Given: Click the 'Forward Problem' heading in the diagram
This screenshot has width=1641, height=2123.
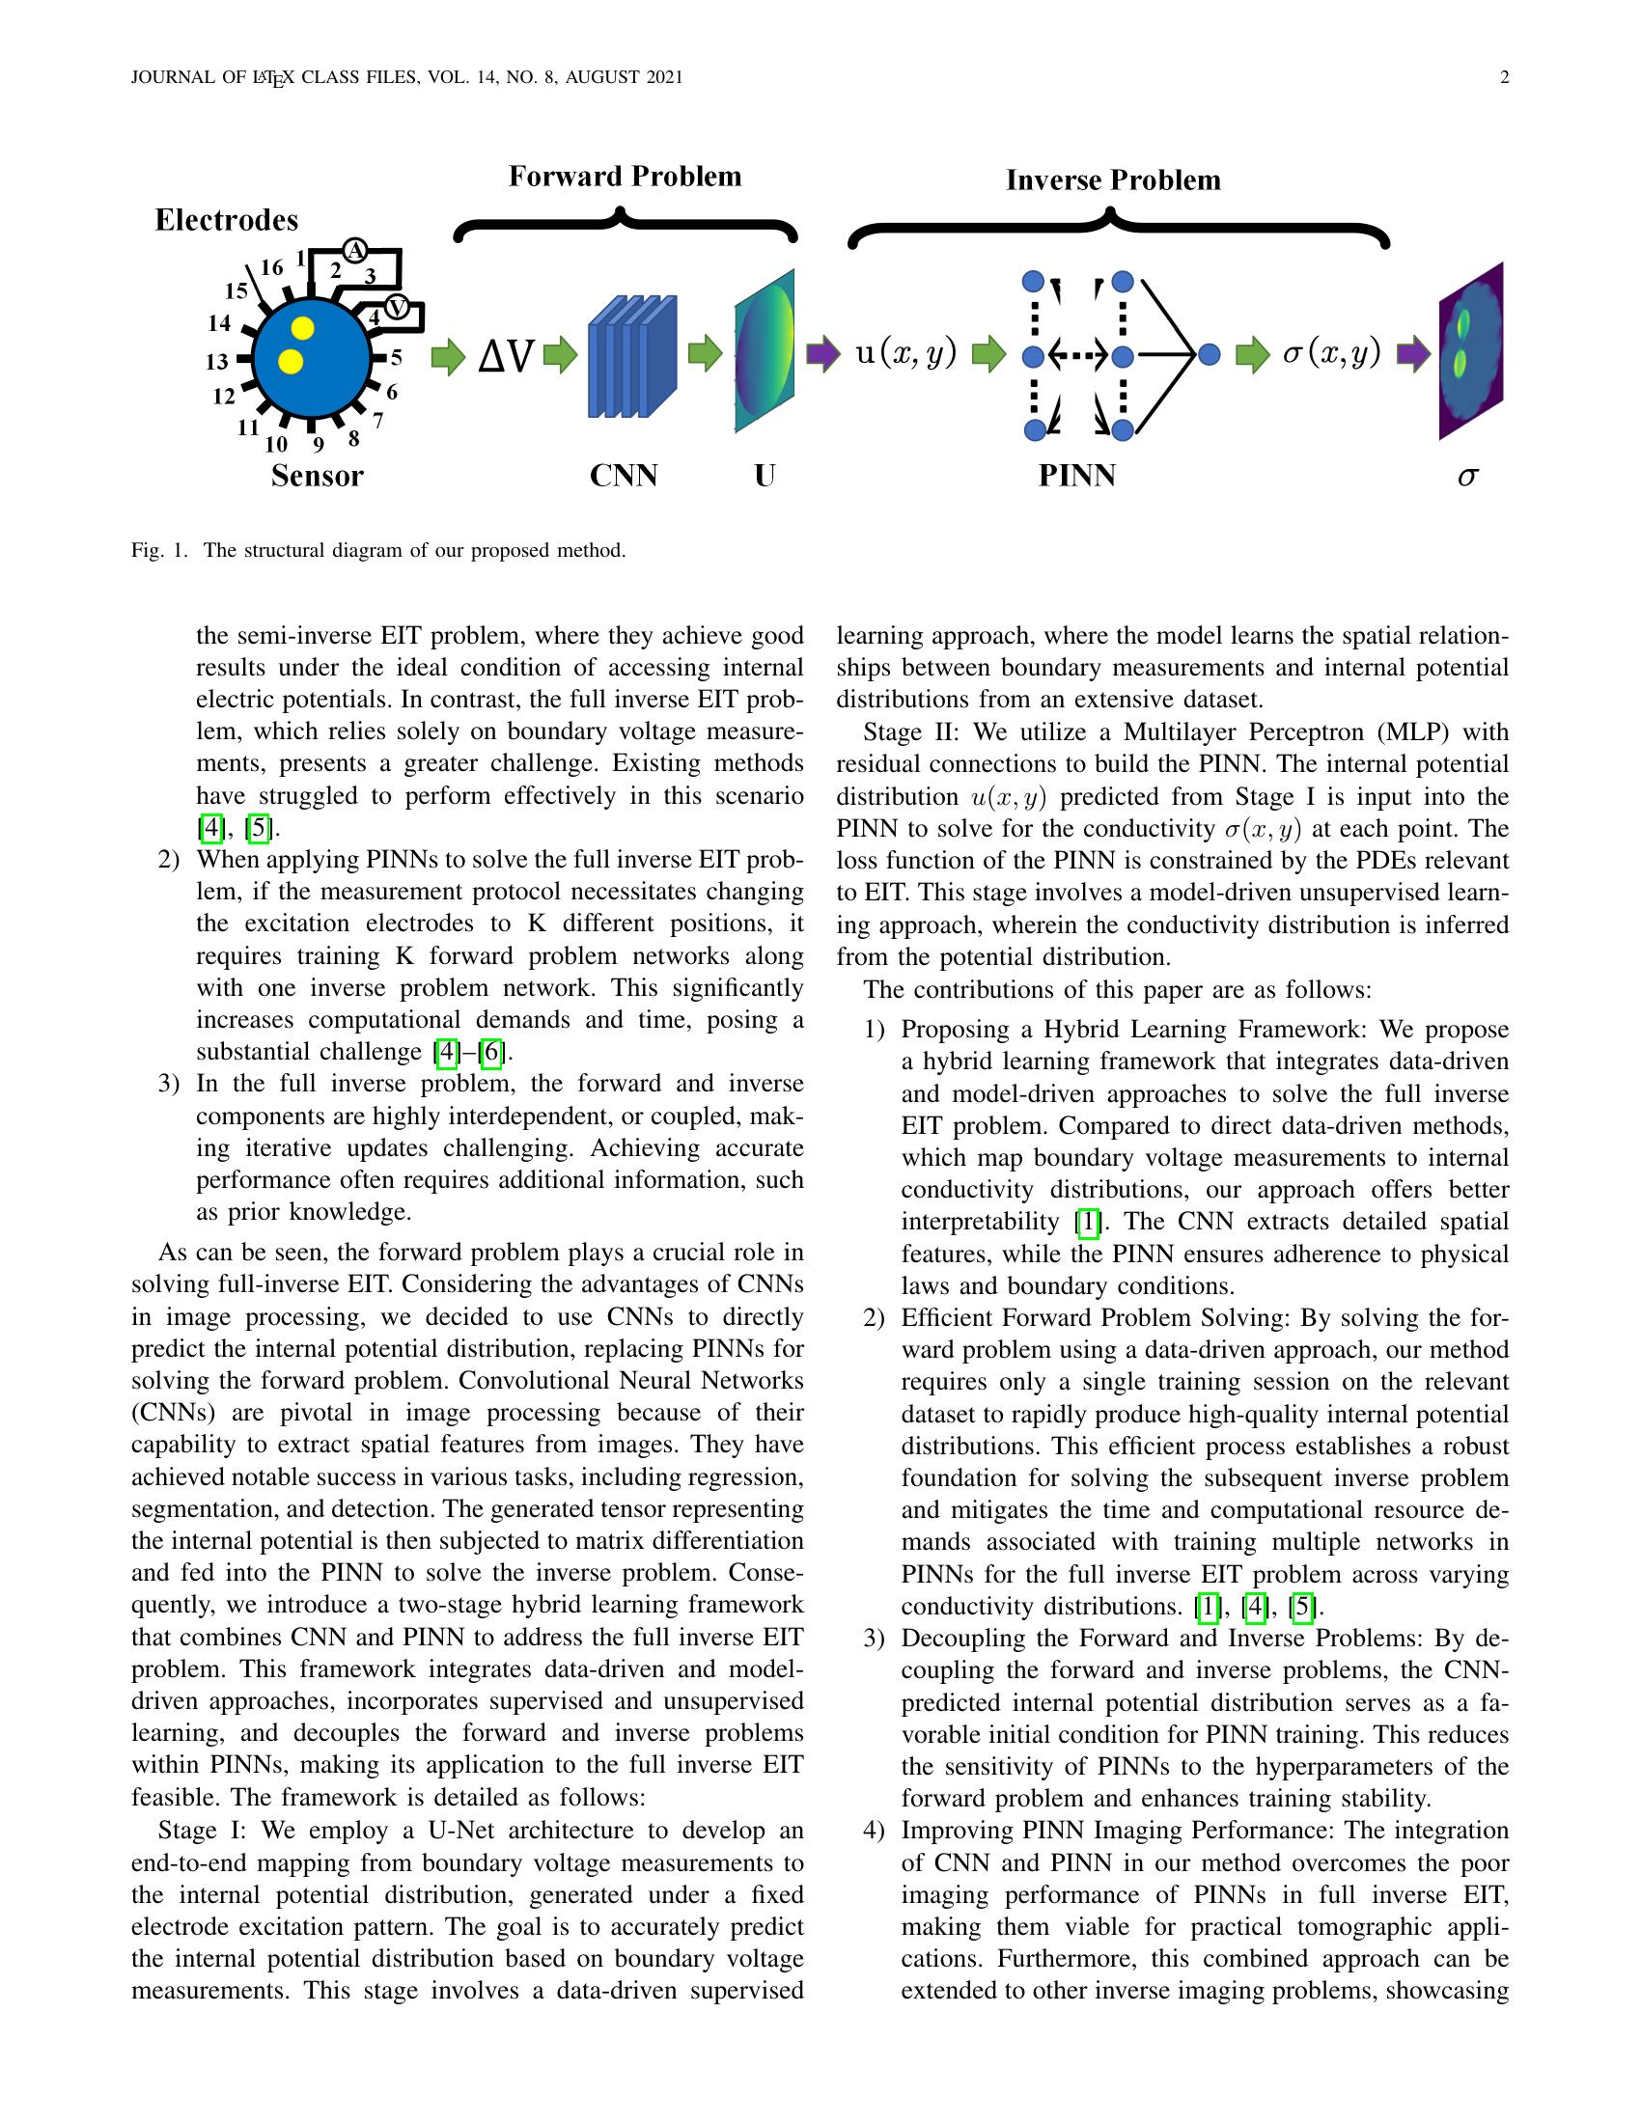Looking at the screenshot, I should tap(625, 176).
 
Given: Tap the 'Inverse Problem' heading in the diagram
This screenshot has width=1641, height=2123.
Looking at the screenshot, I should tap(1112, 180).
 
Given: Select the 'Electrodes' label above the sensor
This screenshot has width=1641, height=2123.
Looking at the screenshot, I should tap(227, 220).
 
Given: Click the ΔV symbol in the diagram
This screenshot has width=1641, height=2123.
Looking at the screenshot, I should tap(506, 357).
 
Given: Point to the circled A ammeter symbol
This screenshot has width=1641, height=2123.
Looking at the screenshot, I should tap(355, 251).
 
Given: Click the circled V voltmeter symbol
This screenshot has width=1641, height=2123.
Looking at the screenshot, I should tap(397, 307).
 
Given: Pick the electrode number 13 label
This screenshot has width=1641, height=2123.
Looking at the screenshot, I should tap(217, 362).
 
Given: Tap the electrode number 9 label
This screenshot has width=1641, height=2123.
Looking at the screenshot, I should tap(318, 445).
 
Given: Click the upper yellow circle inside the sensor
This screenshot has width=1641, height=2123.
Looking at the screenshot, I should tap(302, 328).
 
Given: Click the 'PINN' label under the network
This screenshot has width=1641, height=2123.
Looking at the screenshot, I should tap(1076, 476).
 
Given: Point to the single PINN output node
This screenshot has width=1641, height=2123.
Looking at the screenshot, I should tap(1210, 355).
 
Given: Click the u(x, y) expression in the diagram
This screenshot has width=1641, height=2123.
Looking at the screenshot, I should tap(906, 353).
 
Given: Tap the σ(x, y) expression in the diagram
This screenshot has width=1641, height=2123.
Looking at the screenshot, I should tap(1331, 353).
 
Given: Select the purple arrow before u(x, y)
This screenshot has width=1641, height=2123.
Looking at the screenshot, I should tap(822, 354).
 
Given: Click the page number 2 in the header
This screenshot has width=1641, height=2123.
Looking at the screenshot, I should tap(1504, 78).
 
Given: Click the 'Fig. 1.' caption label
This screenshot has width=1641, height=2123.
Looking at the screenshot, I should tap(158, 550).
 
